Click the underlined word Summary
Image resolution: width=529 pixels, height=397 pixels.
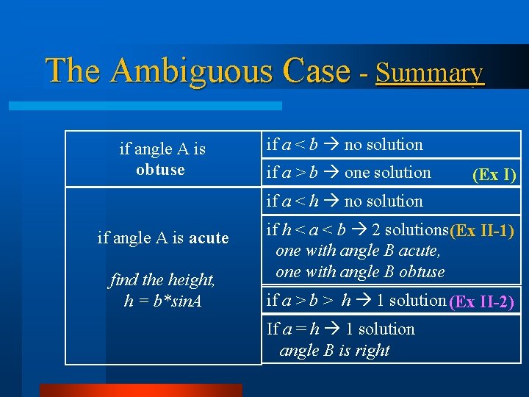[x=430, y=73]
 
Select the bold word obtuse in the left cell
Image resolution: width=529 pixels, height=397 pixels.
[x=161, y=170]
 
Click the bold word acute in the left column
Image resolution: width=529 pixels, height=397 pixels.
[x=209, y=238]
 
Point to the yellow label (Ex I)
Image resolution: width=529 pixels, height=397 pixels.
[x=494, y=175]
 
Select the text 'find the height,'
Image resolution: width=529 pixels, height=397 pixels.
[x=162, y=280]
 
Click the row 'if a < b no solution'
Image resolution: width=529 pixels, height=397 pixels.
[x=345, y=145]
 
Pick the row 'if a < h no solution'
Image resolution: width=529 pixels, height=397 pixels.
[x=345, y=201]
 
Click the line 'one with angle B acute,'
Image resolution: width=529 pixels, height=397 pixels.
[x=358, y=251]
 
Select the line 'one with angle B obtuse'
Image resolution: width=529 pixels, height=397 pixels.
[x=360, y=271]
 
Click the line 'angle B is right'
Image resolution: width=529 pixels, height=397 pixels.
[x=334, y=351]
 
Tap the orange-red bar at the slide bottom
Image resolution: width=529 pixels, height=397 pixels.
[x=140, y=390]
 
